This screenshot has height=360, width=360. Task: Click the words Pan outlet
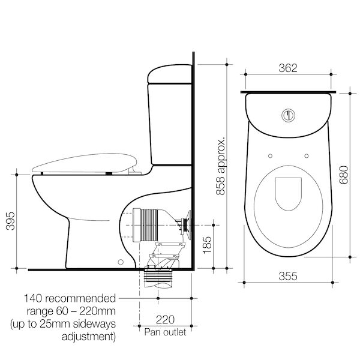[x=164, y=331]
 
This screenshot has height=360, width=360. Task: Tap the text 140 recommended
[x=70, y=298]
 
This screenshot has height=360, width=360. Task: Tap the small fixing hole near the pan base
[x=121, y=262]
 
